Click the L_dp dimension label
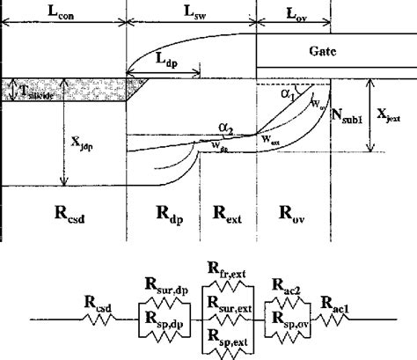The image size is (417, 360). pyautogui.click(x=160, y=60)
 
